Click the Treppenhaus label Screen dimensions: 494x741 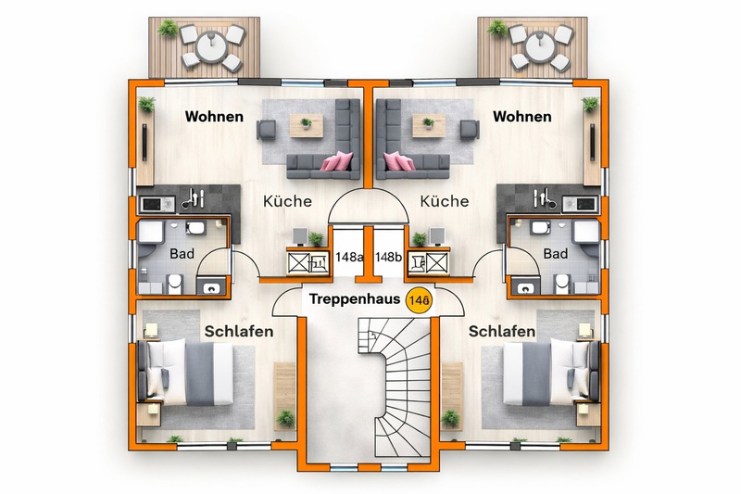354,300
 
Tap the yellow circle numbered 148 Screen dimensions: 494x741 419,300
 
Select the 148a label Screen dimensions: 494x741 348,257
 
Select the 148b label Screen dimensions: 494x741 389,257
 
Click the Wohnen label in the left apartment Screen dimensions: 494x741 214,117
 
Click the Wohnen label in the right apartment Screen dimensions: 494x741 521,117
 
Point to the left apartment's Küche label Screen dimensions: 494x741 287,201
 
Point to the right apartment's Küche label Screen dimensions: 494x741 445,201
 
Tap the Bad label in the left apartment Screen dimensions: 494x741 181,253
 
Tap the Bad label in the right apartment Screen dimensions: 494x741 556,253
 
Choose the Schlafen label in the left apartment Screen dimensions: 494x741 237,332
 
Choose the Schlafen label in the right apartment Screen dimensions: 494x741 501,332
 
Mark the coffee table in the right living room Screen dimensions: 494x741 428,123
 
